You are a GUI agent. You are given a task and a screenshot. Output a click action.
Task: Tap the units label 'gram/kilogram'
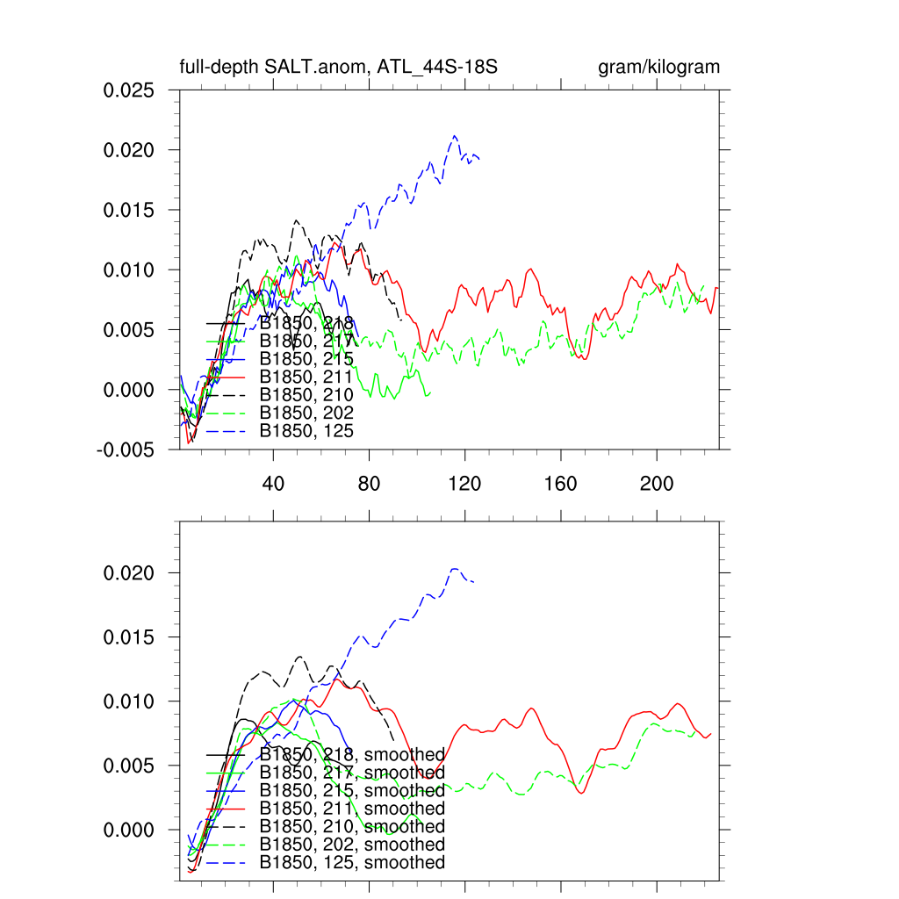point(658,68)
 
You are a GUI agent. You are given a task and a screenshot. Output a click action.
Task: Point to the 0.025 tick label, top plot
point(129,90)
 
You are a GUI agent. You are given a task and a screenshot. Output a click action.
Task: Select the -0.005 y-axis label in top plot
point(126,449)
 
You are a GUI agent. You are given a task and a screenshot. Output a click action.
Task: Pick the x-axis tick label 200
point(656,484)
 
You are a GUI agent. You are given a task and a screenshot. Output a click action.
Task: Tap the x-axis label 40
point(273,484)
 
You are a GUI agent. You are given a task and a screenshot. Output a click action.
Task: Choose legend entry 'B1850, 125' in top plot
point(306,430)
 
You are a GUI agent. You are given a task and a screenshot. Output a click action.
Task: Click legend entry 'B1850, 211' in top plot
point(306,377)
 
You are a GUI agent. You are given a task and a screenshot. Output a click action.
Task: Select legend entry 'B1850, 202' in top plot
point(306,413)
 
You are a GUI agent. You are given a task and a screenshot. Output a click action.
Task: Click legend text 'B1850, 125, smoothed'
point(352,862)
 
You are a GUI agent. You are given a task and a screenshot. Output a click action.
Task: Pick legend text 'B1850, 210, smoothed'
point(352,826)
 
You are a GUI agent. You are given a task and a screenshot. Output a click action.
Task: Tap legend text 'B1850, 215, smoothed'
point(352,790)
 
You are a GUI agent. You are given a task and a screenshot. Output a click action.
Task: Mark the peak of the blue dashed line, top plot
point(454,135)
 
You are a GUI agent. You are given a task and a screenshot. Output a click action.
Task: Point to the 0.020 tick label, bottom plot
point(129,572)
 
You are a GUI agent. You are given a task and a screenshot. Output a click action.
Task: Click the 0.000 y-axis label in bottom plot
point(129,830)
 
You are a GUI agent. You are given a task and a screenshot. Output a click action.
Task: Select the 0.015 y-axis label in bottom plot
point(129,636)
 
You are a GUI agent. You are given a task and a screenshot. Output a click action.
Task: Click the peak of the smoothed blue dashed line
point(455,568)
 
